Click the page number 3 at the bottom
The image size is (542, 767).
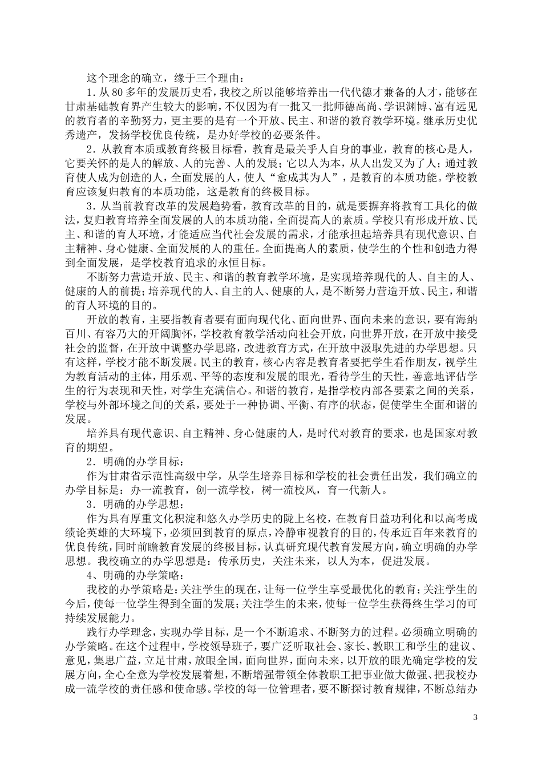click(x=475, y=716)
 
